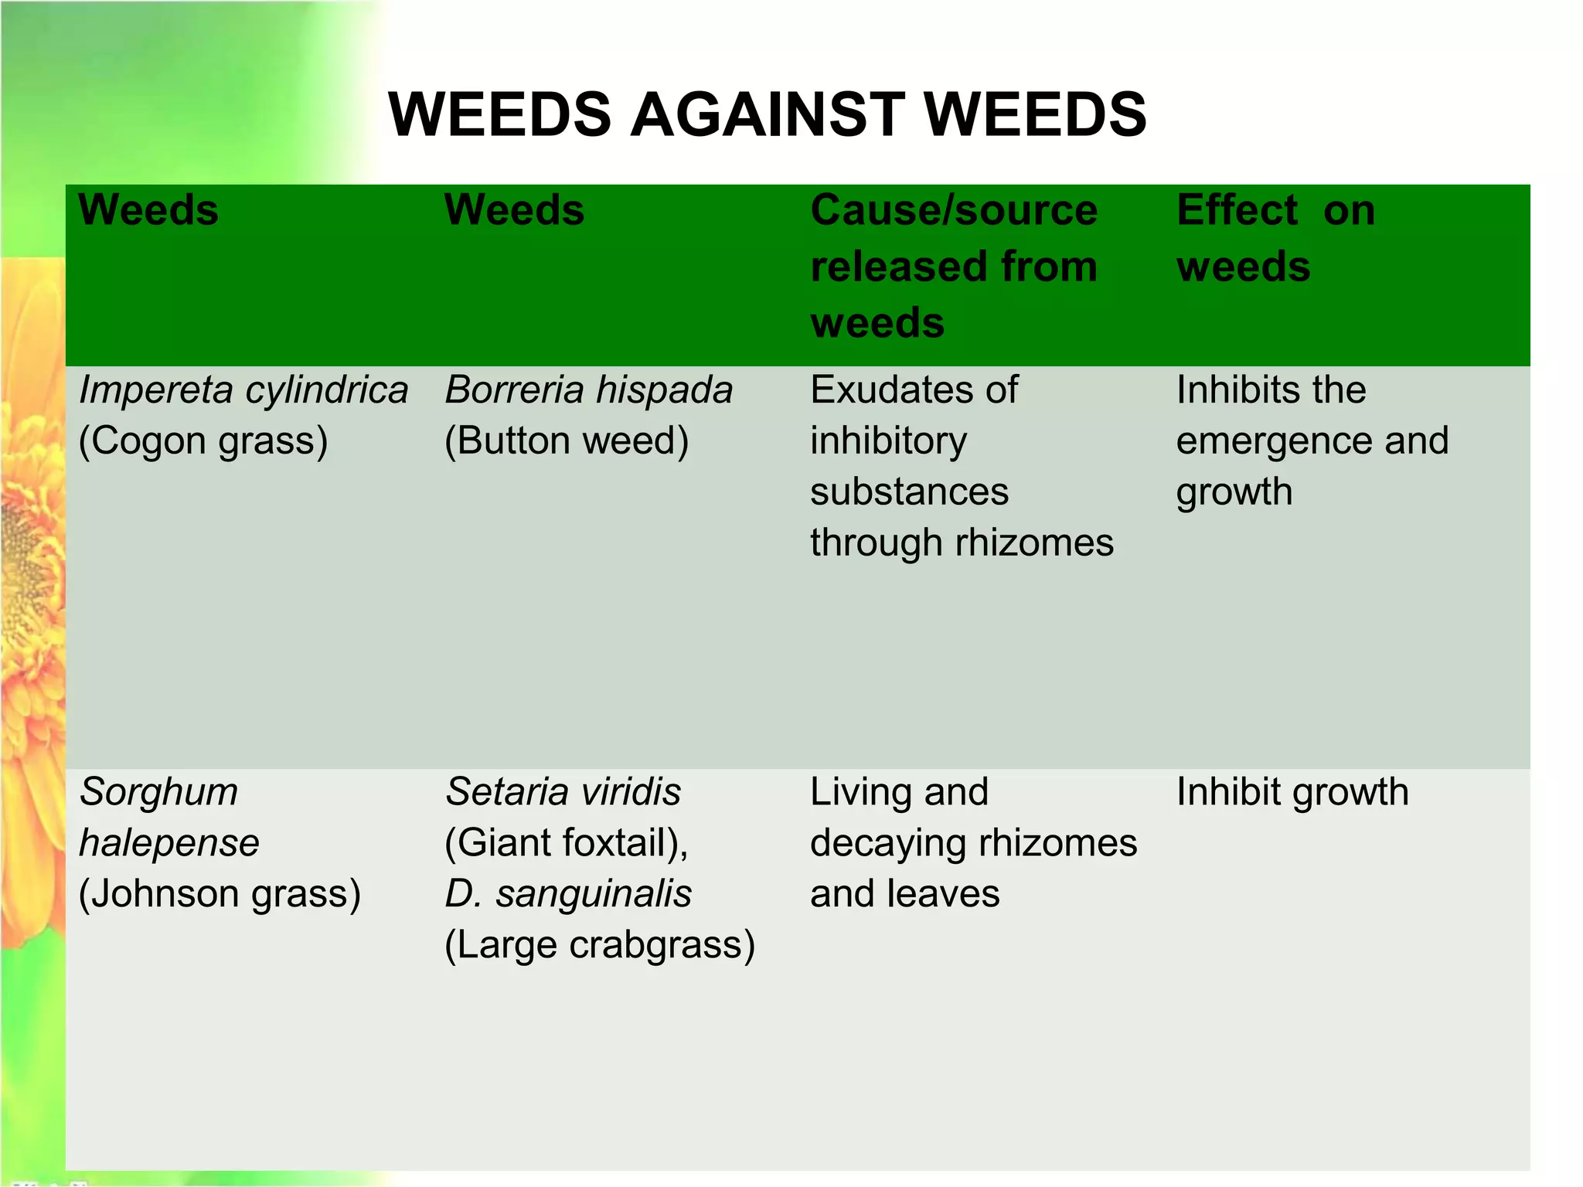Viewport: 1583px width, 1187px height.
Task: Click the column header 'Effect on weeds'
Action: (x=1275, y=238)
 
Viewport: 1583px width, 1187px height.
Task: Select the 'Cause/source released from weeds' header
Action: (x=954, y=266)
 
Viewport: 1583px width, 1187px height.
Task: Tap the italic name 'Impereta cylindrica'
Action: (x=243, y=389)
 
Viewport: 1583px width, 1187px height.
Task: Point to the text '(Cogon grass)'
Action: (x=203, y=440)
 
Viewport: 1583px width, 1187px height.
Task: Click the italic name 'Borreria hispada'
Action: (x=588, y=389)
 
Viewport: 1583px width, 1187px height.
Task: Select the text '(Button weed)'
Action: (x=567, y=440)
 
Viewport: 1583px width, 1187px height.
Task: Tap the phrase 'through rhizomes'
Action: (x=962, y=542)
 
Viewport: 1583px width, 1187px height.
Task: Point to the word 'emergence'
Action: (x=1275, y=440)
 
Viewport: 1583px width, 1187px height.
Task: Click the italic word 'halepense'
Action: (x=169, y=842)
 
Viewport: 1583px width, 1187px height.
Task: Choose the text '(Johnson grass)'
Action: (x=220, y=893)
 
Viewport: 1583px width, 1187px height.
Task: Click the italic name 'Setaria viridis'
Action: (x=563, y=791)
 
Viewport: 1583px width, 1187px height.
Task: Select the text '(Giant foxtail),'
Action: (x=567, y=842)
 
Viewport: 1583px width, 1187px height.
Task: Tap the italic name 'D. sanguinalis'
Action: (x=568, y=893)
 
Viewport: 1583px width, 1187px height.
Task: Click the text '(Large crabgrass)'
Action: (x=600, y=944)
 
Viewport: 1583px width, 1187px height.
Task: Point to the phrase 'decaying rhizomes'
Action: (x=974, y=842)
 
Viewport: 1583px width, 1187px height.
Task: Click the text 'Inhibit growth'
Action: (x=1292, y=791)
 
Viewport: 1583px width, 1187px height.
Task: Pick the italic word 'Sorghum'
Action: (x=158, y=791)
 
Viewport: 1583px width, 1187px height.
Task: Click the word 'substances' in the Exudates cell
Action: (x=909, y=491)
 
